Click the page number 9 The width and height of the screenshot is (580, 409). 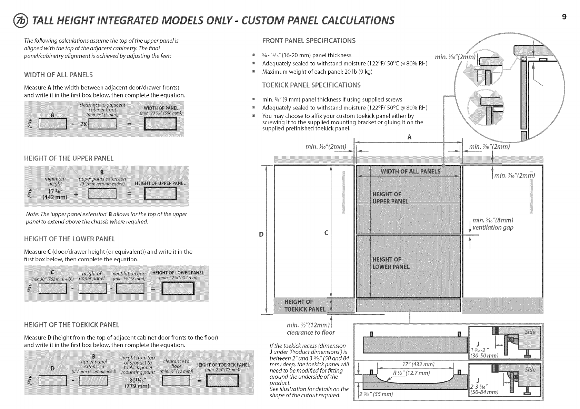pyautogui.click(x=564, y=17)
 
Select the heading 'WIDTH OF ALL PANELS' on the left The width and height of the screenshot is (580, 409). pyautogui.click(x=58, y=75)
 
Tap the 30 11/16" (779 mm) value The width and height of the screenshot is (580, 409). pyautogui.click(x=137, y=382)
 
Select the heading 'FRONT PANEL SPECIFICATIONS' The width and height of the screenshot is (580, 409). pyautogui.click(x=309, y=41)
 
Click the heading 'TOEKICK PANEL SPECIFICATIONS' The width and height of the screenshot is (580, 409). pyautogui.click(x=311, y=85)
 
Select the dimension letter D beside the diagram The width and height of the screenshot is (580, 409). pyautogui.click(x=261, y=235)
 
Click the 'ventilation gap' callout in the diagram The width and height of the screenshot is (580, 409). pyautogui.click(x=493, y=228)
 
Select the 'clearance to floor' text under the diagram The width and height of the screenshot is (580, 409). pyautogui.click(x=311, y=333)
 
